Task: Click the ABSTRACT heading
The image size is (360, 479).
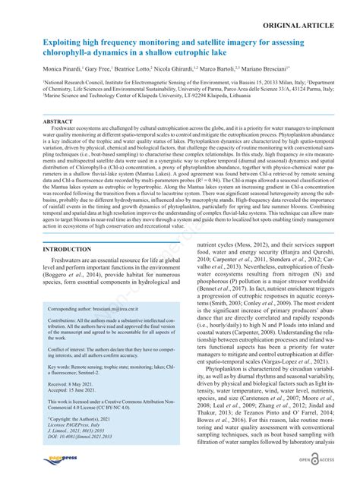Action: tap(58, 121)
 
